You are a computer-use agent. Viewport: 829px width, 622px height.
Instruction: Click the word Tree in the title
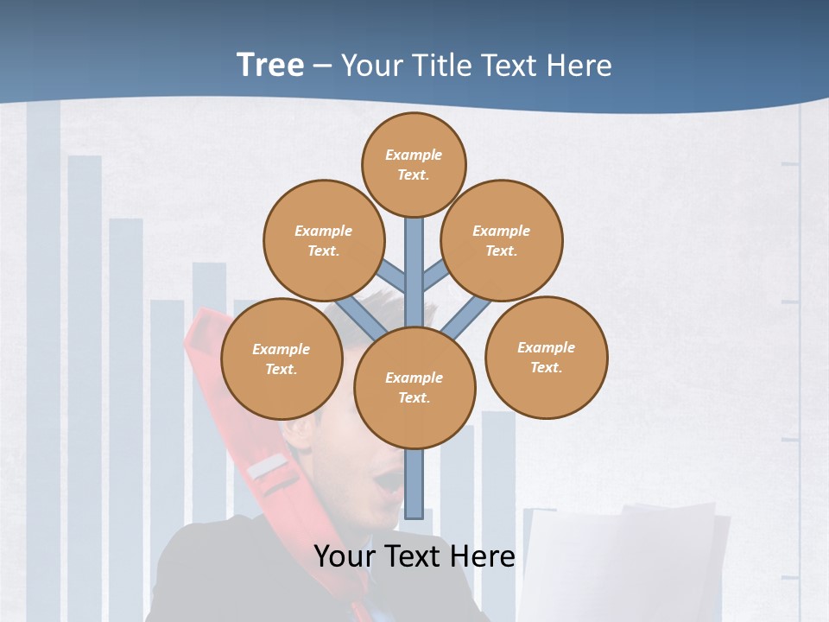(270, 65)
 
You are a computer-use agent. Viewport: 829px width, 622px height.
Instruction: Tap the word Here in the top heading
(578, 66)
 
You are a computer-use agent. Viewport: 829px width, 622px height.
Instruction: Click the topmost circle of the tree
(414, 164)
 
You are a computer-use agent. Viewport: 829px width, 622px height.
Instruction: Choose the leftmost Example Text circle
(282, 359)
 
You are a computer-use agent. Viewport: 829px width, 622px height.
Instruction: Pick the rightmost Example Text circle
(546, 357)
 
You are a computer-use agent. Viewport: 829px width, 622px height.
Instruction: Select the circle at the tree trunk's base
(414, 388)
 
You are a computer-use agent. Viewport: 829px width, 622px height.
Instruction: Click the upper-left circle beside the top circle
(324, 240)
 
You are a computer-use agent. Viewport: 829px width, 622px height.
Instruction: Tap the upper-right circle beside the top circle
(502, 240)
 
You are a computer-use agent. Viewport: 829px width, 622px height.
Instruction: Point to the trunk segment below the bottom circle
(415, 484)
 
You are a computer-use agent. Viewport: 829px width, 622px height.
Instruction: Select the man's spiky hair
(380, 307)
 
